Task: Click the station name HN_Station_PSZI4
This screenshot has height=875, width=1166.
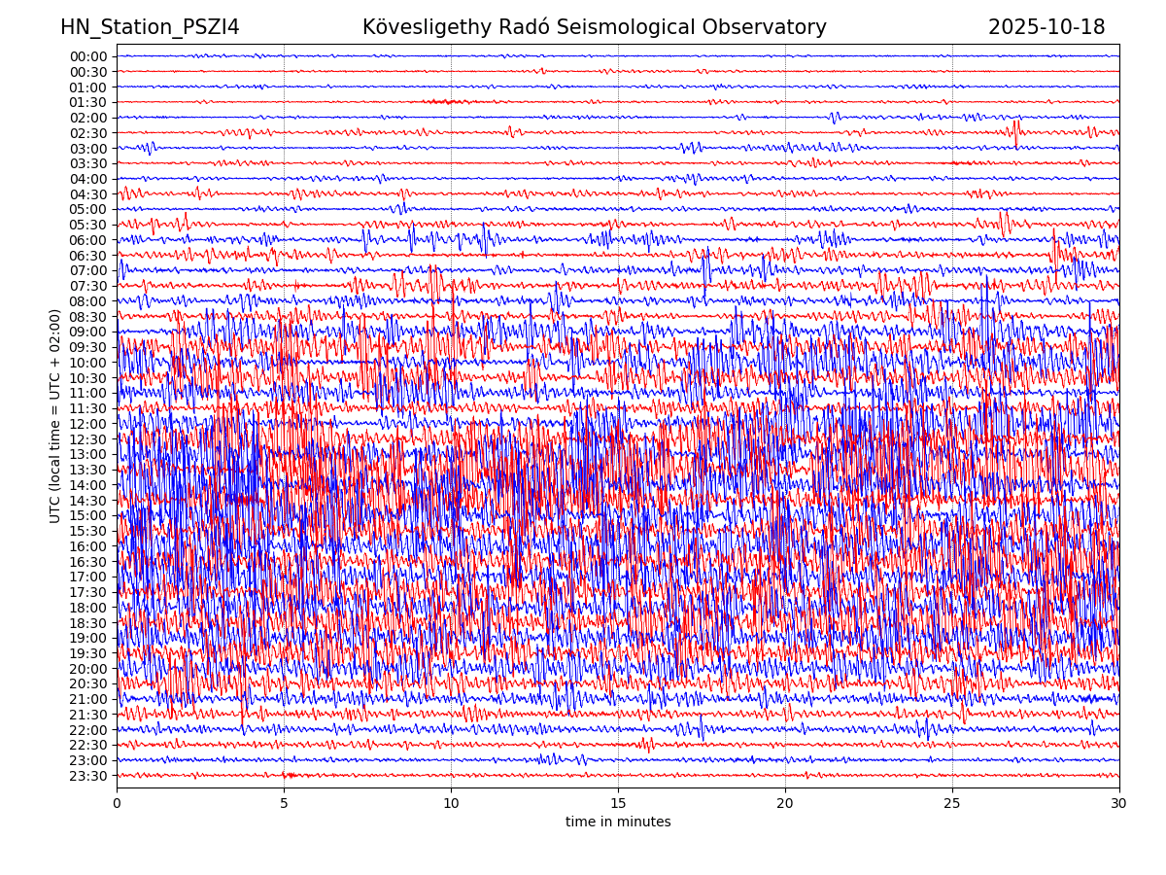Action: click(x=150, y=28)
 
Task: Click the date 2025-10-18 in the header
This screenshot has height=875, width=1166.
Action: click(x=1046, y=28)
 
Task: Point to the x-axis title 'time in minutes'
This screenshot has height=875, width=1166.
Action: click(x=618, y=822)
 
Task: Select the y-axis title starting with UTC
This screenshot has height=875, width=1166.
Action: click(x=55, y=416)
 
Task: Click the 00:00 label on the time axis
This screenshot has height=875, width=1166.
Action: click(x=88, y=56)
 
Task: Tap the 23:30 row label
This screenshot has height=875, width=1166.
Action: click(x=88, y=776)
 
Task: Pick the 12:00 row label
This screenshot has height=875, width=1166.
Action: click(x=88, y=424)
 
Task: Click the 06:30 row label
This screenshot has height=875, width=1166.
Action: click(x=88, y=256)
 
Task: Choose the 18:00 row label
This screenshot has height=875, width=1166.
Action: click(x=88, y=608)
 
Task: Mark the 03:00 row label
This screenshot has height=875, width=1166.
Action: click(x=88, y=149)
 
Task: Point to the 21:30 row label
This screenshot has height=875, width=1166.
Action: click(x=88, y=715)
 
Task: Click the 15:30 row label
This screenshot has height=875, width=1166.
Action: click(x=88, y=531)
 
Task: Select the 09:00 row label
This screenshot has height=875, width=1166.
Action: click(x=88, y=332)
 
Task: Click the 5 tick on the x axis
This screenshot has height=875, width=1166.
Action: click(x=284, y=803)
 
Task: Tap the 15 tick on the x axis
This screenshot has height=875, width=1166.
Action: click(x=618, y=803)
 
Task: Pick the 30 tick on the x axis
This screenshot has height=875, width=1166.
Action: click(x=1119, y=803)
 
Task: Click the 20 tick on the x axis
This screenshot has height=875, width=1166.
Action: click(x=785, y=803)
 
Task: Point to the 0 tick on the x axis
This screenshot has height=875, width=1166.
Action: click(x=117, y=803)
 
